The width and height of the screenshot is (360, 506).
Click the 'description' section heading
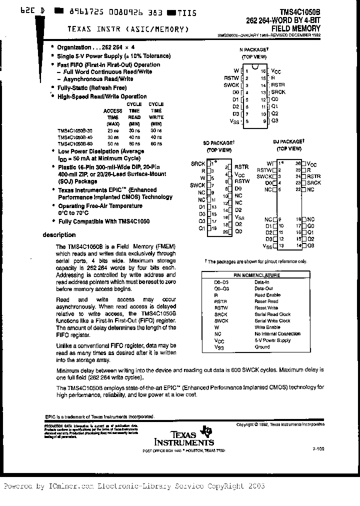pos(59,234)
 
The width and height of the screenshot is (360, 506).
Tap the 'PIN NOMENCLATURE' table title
pos(257,275)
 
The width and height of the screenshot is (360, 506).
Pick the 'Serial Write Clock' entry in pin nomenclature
pos(272,321)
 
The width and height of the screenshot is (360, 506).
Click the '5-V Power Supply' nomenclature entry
pos(272,340)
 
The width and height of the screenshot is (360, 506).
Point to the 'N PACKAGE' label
pos(254,50)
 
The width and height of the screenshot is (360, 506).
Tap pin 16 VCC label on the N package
pos(276,71)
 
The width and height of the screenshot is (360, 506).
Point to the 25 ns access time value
pos(112,130)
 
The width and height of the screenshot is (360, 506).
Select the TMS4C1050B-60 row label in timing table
pos(75,143)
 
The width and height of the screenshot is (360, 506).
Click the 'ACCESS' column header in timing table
pos(112,110)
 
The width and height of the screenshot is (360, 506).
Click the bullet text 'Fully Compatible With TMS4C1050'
pos(103,221)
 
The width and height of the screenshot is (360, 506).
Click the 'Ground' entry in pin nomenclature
pos(262,347)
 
